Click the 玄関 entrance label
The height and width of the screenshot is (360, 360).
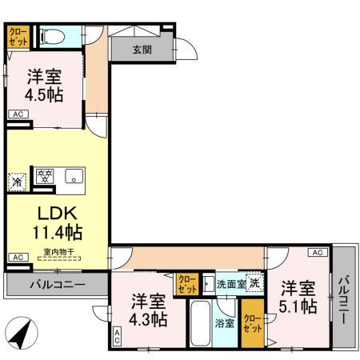click(x=142, y=50)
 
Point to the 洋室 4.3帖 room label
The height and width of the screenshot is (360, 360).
click(x=149, y=310)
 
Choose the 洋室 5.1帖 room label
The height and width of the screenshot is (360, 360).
click(x=298, y=296)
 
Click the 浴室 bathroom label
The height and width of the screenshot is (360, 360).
click(x=225, y=323)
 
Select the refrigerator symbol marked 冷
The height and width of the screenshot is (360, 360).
click(x=17, y=181)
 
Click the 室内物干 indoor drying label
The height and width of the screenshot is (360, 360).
click(x=58, y=252)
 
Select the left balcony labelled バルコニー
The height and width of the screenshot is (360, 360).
click(x=57, y=284)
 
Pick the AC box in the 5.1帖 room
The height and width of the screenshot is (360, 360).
click(x=316, y=253)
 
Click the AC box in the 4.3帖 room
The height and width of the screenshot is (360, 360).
click(x=117, y=338)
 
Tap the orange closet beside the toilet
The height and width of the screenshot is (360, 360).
click(x=17, y=36)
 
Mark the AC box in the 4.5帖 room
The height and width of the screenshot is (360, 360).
click(x=18, y=115)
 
